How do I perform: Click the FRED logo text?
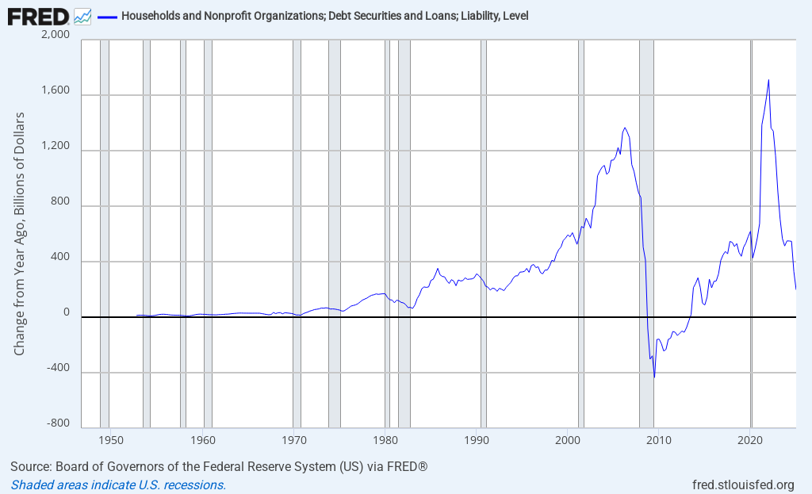38,15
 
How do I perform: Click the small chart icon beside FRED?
82,15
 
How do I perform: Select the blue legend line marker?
106,16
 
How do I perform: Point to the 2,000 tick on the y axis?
55,36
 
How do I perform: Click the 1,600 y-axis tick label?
55,92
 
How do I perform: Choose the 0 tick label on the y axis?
67,314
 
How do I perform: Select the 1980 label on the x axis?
385,438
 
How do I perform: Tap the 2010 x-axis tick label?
659,438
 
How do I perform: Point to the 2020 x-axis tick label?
750,438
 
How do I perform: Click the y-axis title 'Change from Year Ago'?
20,234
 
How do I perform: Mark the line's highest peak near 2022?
768,79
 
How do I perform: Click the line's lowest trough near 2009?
654,377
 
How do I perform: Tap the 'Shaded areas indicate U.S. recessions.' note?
118,484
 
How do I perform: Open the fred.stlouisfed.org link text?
743,484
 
